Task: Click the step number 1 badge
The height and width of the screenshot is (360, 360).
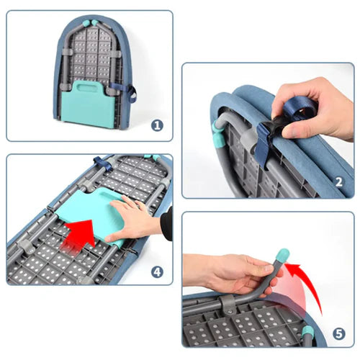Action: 157,125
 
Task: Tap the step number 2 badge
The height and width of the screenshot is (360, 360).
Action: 338,182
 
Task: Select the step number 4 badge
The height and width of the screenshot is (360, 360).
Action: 157,272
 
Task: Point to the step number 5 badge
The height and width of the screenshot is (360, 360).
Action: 338,333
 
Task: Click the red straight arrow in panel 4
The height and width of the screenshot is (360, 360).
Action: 79,236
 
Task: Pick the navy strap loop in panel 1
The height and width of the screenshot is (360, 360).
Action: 132,94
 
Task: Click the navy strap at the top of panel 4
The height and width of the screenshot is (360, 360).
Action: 103,163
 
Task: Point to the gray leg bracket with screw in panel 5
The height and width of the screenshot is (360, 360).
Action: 227,304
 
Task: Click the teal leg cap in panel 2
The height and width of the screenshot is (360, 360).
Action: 217,135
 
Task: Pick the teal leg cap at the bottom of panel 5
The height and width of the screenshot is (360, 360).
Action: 307,331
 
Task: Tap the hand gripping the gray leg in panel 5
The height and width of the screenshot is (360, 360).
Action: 235,274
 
